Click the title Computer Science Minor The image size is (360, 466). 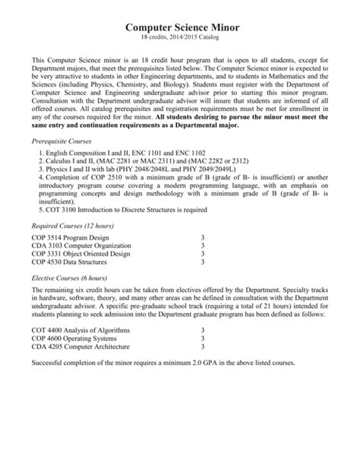[x=180, y=27]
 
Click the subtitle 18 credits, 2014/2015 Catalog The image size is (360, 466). [x=180, y=38]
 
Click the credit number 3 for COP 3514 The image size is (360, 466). [x=203, y=237]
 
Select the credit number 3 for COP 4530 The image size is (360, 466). [x=203, y=262]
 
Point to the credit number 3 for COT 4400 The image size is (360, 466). [x=203, y=331]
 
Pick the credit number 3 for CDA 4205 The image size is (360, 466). [x=203, y=347]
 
